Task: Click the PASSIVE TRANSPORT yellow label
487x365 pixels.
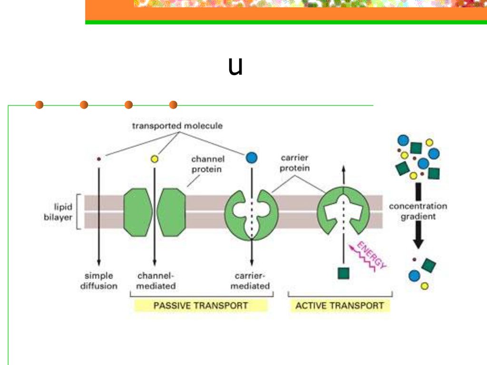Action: (x=201, y=306)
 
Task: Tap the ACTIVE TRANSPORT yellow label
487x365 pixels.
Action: (x=340, y=306)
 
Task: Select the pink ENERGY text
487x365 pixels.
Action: (x=371, y=255)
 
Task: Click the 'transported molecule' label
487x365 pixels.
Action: (x=177, y=125)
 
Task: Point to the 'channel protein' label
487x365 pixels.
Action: (x=207, y=164)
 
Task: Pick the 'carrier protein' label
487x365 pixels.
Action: (x=294, y=163)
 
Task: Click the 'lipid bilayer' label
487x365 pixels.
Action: (x=58, y=212)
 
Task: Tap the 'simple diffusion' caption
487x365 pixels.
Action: (x=99, y=280)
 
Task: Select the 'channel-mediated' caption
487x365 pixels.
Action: (x=156, y=280)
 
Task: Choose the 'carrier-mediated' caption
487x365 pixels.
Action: (x=250, y=280)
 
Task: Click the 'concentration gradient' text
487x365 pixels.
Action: (x=418, y=211)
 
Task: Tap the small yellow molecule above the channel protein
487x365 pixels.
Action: (x=155, y=159)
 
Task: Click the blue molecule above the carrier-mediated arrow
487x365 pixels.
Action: (x=252, y=158)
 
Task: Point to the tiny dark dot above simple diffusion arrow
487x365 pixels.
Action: (x=99, y=159)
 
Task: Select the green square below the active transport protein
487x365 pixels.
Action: (x=343, y=273)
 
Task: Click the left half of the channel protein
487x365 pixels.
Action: (x=138, y=212)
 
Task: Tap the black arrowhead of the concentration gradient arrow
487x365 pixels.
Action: (x=419, y=243)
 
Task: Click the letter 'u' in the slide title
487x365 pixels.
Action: (x=235, y=66)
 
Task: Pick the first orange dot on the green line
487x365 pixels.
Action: (x=39, y=105)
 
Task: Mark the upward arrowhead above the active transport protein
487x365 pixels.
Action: (x=343, y=169)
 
